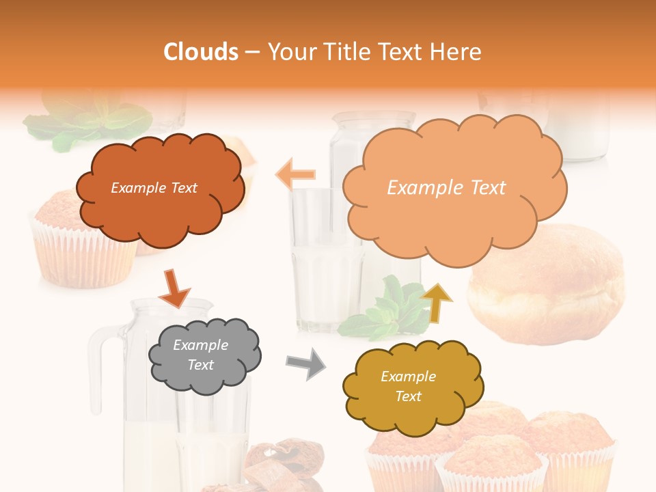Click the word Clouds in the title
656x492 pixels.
201,52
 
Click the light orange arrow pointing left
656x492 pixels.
295,175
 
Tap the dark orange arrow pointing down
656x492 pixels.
174,288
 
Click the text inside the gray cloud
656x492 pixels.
201,355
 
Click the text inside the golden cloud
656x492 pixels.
408,386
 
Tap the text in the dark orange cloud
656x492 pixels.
154,188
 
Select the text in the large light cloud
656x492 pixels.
446,188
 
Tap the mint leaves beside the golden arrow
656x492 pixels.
383,307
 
